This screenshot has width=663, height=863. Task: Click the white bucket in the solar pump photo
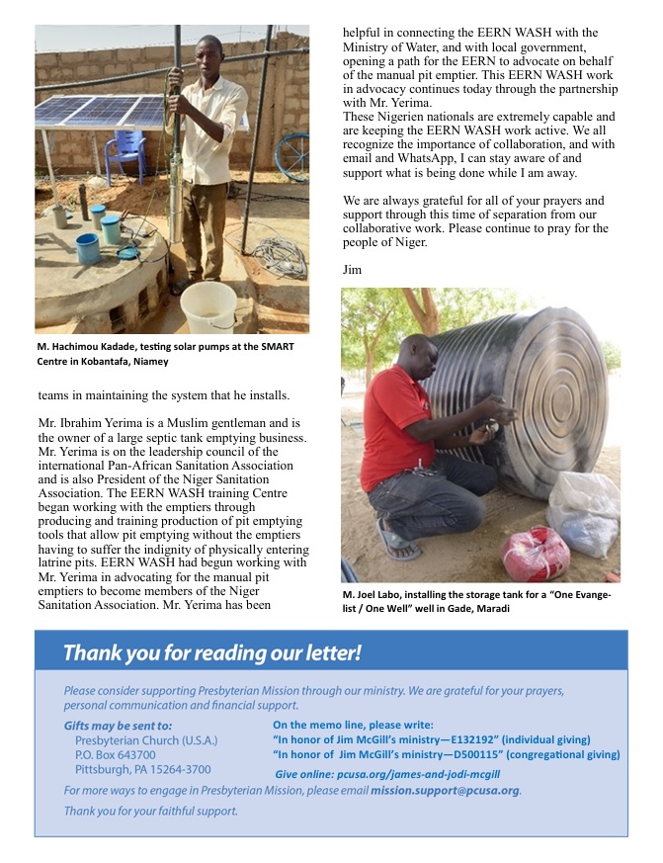(208, 307)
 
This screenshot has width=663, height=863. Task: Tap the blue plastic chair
(125, 155)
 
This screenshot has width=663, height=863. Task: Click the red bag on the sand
(535, 553)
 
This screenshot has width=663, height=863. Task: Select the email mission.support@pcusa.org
(445, 791)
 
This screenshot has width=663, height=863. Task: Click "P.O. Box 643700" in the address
(116, 754)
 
